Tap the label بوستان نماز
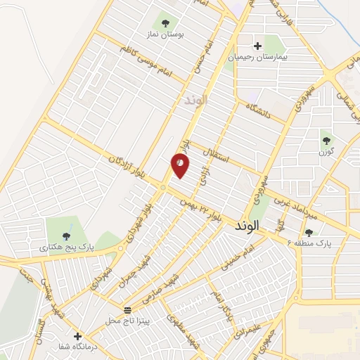click(167, 34)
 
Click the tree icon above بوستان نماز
click(167, 21)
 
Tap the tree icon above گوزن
click(327, 139)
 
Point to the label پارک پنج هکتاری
click(67, 247)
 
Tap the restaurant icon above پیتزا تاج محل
click(127, 309)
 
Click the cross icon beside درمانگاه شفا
click(78, 336)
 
